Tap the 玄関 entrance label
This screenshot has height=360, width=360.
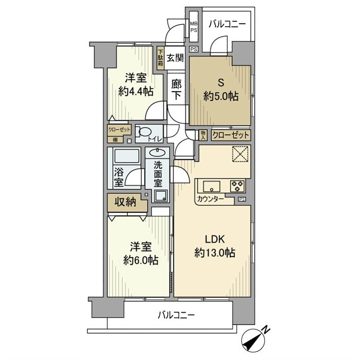[x=175, y=58]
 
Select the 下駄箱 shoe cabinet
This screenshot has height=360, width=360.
[x=161, y=57]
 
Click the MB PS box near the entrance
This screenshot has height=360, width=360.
[x=194, y=26]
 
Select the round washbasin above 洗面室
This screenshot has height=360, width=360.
[x=158, y=153]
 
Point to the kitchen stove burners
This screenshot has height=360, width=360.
[x=237, y=185]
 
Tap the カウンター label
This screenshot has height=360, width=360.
[x=210, y=200]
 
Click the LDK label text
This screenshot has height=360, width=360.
[x=214, y=239]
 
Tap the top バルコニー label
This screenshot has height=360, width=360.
[x=227, y=24]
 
